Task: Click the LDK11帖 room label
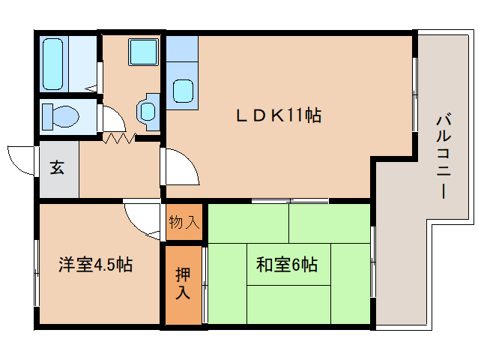point(279,115)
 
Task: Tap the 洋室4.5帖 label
point(96,265)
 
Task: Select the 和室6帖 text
point(287,265)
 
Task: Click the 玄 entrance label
point(57,167)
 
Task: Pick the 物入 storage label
point(184,222)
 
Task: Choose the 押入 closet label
point(183,283)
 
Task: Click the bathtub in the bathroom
point(53,64)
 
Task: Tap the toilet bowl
point(61,116)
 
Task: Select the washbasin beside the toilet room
point(148,112)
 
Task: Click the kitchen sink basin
point(184,91)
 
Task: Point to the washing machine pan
point(143,52)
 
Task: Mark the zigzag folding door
point(119,138)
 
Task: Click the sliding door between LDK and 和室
point(290,201)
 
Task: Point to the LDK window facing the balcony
point(415,94)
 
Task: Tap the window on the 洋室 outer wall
point(37,273)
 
